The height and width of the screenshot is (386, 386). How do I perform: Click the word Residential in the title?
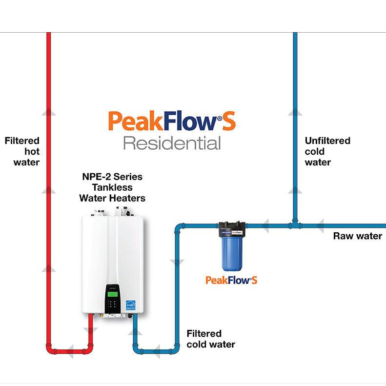pos(172,143)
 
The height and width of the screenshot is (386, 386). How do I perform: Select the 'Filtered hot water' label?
pos(22,151)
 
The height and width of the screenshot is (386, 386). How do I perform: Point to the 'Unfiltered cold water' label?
pos(327,151)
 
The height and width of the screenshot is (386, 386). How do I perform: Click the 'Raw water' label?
pos(357,236)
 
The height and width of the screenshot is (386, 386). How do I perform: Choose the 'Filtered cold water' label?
pos(211,339)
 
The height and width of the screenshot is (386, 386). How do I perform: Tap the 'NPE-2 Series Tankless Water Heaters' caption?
pos(112,187)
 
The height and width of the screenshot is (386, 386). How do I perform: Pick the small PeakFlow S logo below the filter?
pos(231,280)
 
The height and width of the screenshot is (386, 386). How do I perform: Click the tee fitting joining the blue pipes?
pos(295,225)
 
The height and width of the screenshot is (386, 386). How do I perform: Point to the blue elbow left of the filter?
pos(179,227)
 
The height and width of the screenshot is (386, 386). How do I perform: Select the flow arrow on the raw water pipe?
pos(320,225)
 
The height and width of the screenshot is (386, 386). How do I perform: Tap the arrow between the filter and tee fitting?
pos(265,225)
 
